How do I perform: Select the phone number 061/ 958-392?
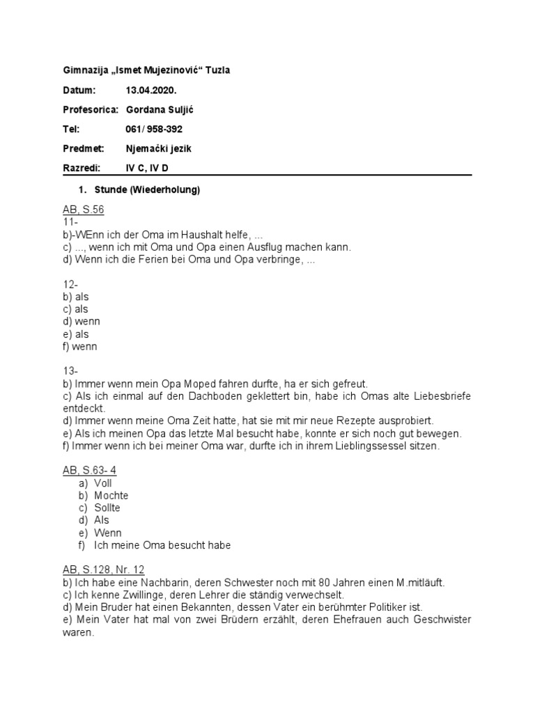(154, 129)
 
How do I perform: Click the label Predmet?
(82, 148)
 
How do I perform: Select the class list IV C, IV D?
(147, 168)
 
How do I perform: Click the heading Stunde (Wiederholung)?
(147, 189)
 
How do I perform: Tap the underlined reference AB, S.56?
(83, 210)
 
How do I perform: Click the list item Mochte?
(111, 495)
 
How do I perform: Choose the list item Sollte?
(107, 508)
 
